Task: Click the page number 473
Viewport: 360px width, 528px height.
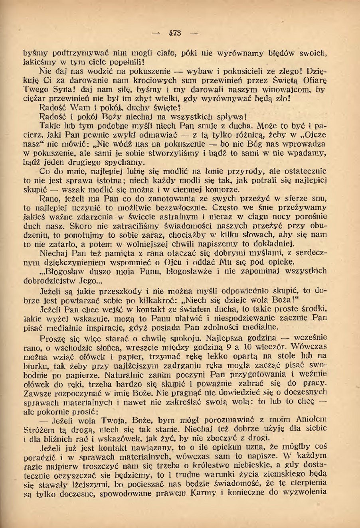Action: pos(175,33)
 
